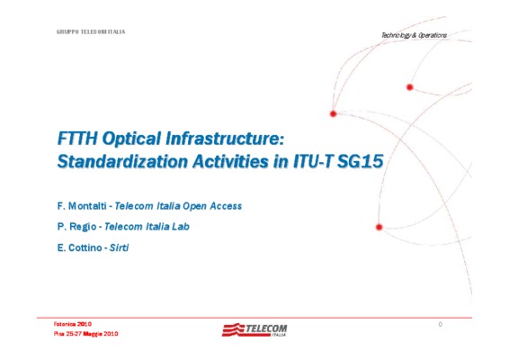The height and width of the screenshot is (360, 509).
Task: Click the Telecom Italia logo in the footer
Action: coord(254,329)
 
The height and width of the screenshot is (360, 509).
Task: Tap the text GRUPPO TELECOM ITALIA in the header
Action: coord(91,31)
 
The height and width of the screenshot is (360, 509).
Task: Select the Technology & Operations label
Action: coord(414,35)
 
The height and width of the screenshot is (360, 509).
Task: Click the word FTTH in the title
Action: coord(77,138)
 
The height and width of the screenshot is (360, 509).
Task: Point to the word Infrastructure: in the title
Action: coord(225,138)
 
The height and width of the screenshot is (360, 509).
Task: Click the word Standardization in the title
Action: coord(122,161)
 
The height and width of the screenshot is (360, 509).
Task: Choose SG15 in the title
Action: coord(361,161)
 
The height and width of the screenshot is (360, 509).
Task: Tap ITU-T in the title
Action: coord(313,161)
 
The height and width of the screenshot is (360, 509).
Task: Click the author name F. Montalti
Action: coord(82,206)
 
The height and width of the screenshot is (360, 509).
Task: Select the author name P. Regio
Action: coord(76,227)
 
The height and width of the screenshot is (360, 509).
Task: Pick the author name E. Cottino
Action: coord(79,247)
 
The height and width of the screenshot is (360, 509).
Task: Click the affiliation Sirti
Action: coord(119,247)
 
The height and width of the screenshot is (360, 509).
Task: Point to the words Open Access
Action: coord(212,206)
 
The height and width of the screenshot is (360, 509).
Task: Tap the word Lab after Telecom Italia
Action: coord(181,227)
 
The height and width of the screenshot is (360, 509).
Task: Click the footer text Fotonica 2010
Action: coord(72,324)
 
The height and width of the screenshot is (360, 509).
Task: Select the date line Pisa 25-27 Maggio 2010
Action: coord(85,334)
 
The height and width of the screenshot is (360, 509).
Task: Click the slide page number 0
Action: coord(440,324)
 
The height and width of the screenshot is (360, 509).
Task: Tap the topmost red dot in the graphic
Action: coord(410,87)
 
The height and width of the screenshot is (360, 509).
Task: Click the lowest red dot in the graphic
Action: coord(379,227)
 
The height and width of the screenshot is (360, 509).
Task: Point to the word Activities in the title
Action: coord(230,161)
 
